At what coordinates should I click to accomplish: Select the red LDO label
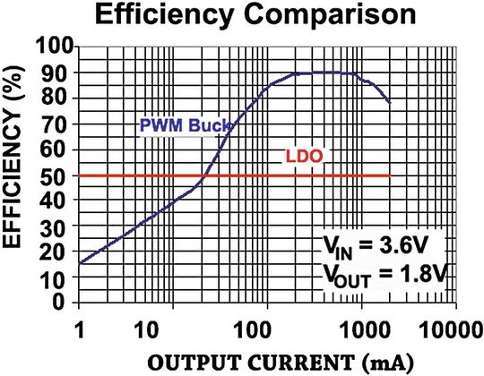pos(305,156)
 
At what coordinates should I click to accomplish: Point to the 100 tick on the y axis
pos(56,47)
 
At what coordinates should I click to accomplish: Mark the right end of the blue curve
pos(390,103)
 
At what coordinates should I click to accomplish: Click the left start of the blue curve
pos(80,263)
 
